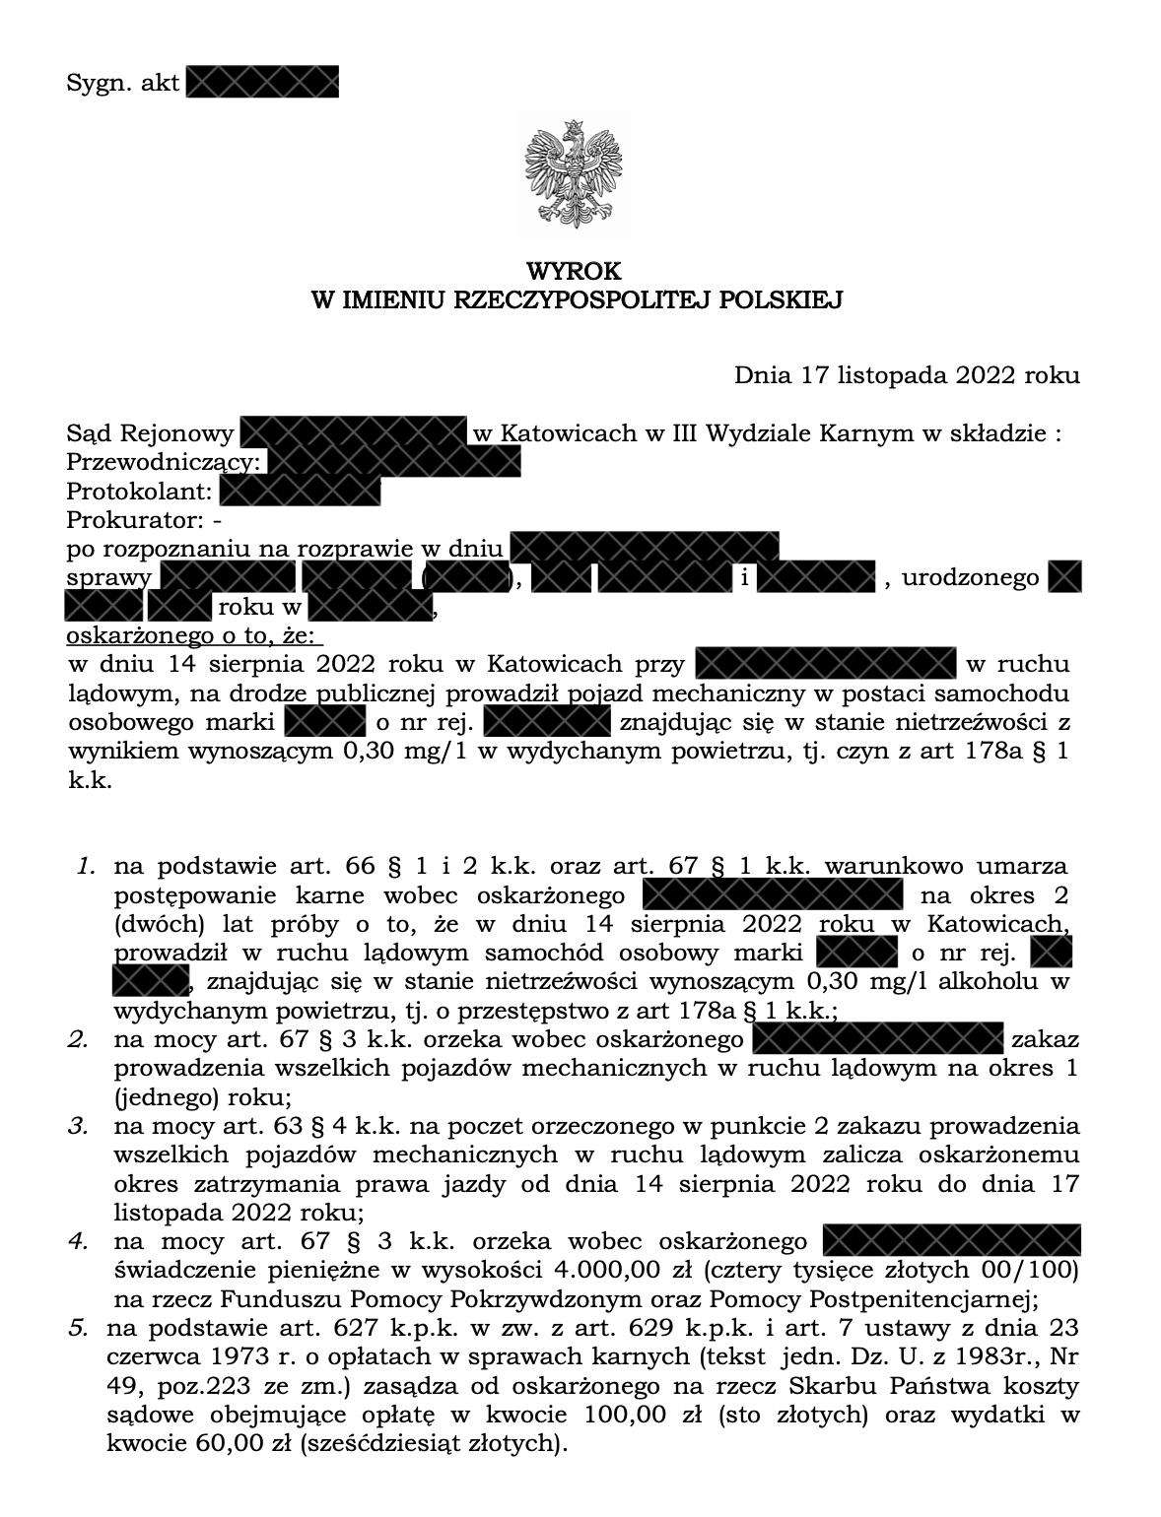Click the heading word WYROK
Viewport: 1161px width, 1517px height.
click(576, 271)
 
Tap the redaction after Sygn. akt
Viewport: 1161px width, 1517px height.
click(262, 83)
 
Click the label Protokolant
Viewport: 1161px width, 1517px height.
click(139, 491)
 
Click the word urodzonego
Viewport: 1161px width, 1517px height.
click(970, 577)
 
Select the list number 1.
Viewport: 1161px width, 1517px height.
click(86, 867)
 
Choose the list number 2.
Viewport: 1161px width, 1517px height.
click(78, 1039)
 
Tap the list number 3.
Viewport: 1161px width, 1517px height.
click(78, 1125)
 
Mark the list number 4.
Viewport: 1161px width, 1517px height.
click(78, 1240)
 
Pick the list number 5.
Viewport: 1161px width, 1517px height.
click(78, 1327)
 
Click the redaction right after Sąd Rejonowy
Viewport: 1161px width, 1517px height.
click(353, 433)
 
